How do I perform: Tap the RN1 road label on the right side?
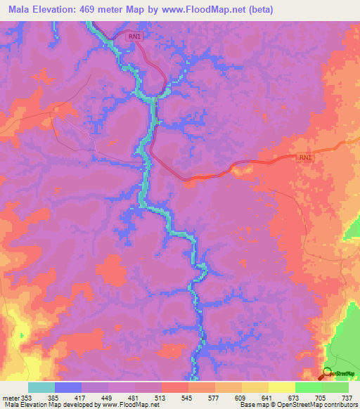point(304,158)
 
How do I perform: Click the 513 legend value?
point(162,398)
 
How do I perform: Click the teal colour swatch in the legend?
point(41,387)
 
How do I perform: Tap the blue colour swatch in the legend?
point(67,387)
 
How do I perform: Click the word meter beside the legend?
point(10,398)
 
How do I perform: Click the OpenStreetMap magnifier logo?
point(327,375)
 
